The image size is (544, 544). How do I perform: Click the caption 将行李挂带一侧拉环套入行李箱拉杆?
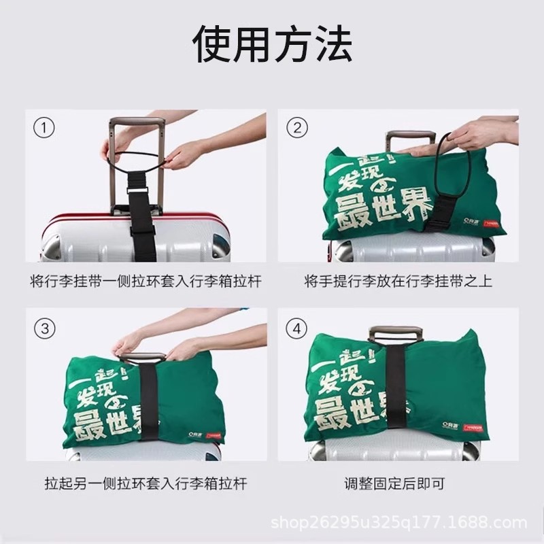[x=146, y=280]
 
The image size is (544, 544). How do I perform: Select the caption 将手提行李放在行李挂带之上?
[x=398, y=280]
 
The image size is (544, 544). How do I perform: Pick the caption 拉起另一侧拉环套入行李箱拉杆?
[x=146, y=484]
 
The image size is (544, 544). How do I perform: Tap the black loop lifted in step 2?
[x=454, y=163]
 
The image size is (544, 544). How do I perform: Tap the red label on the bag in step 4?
[x=472, y=427]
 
